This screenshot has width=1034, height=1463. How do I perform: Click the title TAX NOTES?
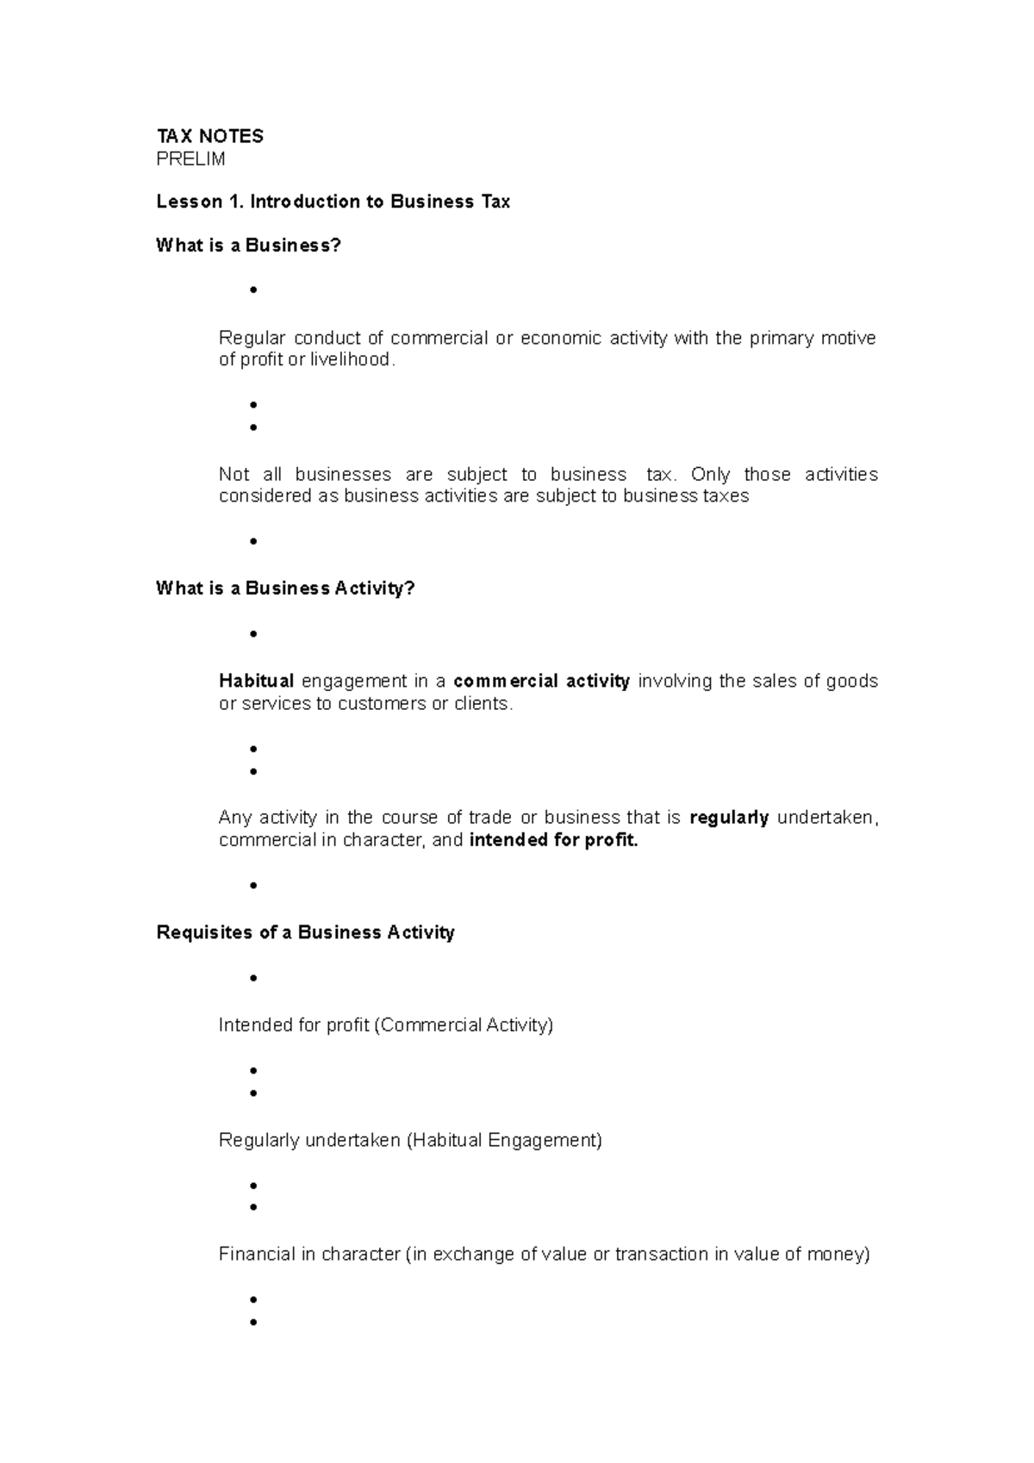[x=209, y=136]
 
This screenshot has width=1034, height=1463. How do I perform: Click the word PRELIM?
[x=190, y=159]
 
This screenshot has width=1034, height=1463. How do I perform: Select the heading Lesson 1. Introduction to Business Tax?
[x=333, y=202]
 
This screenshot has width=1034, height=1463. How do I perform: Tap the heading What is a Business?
[x=248, y=246]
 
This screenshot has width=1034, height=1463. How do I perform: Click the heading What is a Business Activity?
[x=285, y=588]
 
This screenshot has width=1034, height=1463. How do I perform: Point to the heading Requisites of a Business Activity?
[x=305, y=932]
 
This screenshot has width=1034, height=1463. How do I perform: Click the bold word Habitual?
[x=256, y=682]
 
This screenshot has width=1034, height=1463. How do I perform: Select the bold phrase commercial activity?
[x=541, y=682]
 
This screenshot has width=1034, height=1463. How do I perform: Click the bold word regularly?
[x=729, y=818]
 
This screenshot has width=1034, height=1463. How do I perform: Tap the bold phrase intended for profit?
[x=553, y=840]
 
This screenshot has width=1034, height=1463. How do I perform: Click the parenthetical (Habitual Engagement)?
[x=504, y=1141]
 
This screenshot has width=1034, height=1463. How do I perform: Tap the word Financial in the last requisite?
[x=256, y=1254]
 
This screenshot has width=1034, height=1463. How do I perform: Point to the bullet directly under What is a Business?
[x=253, y=290]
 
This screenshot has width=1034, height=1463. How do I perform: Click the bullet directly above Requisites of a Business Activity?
[x=253, y=886]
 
